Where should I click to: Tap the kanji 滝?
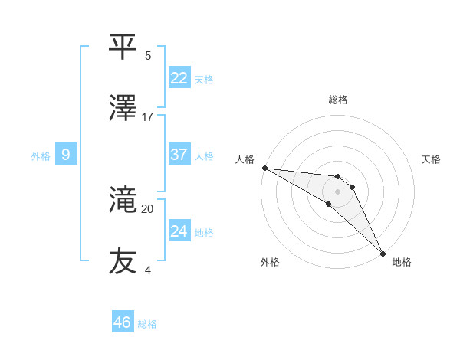(x=123, y=201)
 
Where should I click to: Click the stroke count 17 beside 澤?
(x=148, y=116)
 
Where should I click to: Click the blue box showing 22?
(x=179, y=78)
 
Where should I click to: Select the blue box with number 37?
(x=179, y=155)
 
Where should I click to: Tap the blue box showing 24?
(x=179, y=231)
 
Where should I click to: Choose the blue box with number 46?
(x=123, y=322)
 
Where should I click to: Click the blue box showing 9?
(x=66, y=155)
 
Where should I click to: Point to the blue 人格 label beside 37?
(x=204, y=156)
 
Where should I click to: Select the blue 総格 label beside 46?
(x=147, y=324)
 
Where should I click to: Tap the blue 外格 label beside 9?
(x=41, y=156)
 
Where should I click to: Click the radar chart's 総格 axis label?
(x=338, y=100)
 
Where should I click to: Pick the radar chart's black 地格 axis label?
(x=402, y=262)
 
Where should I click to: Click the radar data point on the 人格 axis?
(x=264, y=168)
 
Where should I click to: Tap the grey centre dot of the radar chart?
(x=337, y=191)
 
